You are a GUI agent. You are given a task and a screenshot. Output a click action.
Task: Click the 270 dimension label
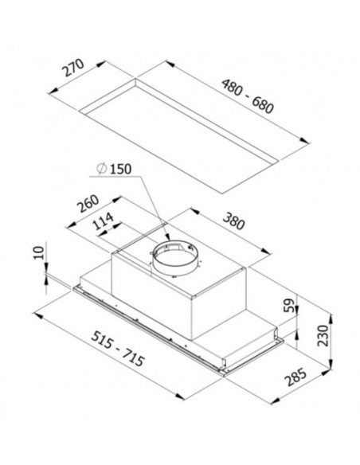(73, 68)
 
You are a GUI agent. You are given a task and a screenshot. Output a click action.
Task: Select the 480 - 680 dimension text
(248, 96)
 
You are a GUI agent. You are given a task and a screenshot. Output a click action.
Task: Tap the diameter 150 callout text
(114, 169)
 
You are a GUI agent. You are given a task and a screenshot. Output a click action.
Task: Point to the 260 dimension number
(88, 204)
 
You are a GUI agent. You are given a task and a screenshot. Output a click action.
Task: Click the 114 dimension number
(103, 221)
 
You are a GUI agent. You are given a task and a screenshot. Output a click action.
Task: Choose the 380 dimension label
(234, 221)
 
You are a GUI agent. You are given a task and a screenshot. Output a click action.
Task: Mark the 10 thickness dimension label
(39, 252)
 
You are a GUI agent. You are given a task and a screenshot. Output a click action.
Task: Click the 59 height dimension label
(289, 305)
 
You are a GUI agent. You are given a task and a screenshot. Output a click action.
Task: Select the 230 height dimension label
(323, 335)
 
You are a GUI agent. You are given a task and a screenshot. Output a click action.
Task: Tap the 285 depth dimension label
(295, 377)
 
